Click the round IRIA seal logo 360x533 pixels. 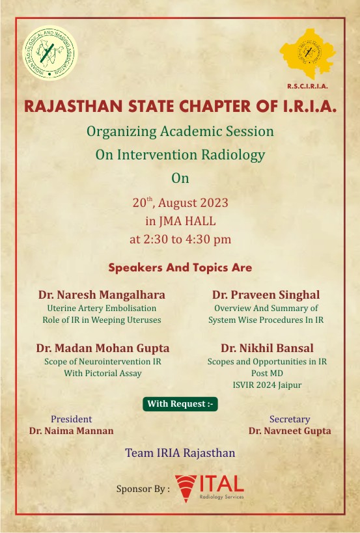(x=50, y=53)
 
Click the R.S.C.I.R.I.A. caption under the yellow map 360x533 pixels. (x=308, y=87)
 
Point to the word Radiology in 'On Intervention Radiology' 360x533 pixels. (x=233, y=155)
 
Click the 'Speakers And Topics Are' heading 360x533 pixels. (x=180, y=267)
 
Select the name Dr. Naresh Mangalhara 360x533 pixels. (x=102, y=295)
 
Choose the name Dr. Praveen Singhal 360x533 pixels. (x=266, y=295)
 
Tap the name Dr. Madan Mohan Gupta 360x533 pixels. (x=103, y=348)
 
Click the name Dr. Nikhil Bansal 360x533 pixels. (x=267, y=348)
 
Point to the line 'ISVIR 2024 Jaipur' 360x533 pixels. (x=267, y=385)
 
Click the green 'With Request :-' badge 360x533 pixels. (x=180, y=404)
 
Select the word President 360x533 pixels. (x=72, y=419)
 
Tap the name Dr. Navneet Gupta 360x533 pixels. (x=290, y=431)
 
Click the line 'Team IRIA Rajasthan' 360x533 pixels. (x=180, y=453)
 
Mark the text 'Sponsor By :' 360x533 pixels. (x=143, y=489)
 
